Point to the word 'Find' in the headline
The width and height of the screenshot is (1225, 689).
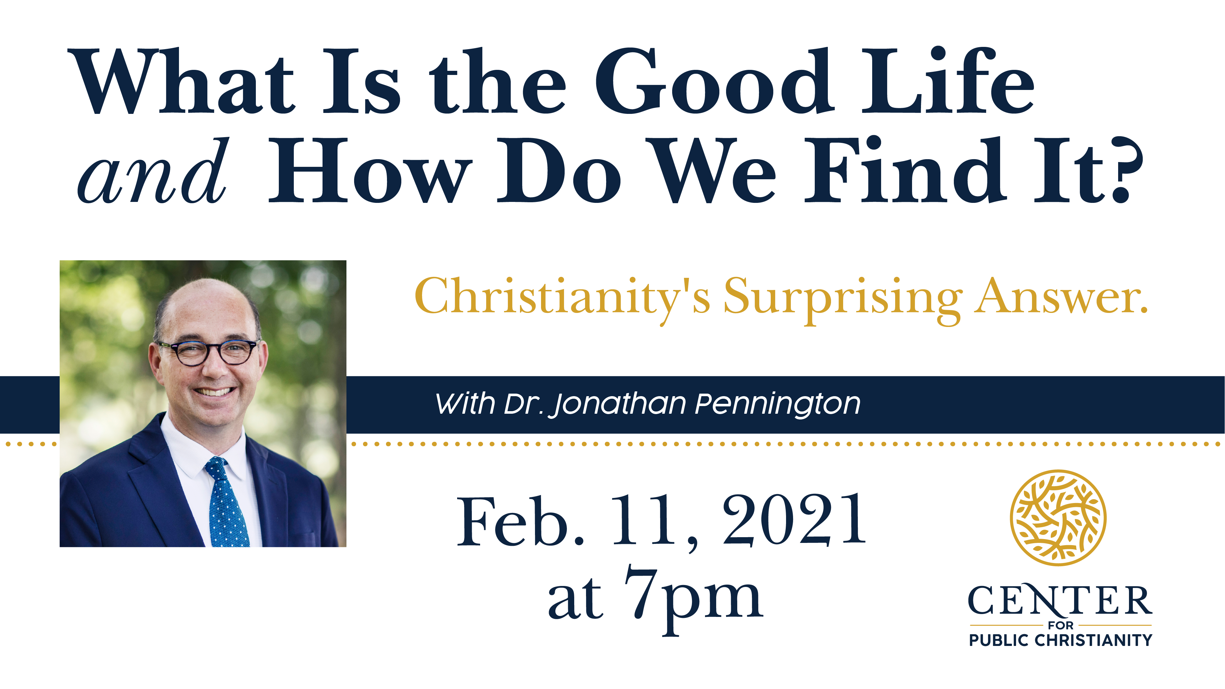pyautogui.click(x=903, y=171)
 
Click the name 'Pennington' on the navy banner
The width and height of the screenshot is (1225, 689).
pyautogui.click(x=777, y=404)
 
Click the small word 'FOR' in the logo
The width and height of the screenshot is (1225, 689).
pyautogui.click(x=1060, y=625)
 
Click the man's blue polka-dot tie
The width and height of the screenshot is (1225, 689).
pyautogui.click(x=226, y=504)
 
